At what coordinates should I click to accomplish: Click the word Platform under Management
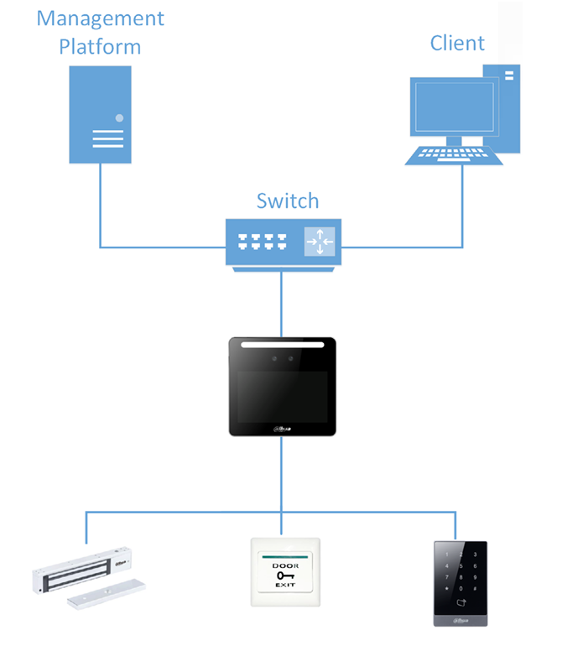click(100, 45)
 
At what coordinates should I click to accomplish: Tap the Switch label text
click(288, 201)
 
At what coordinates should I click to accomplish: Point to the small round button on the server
click(120, 118)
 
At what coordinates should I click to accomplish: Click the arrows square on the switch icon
click(320, 242)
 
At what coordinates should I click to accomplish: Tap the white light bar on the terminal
click(282, 345)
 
